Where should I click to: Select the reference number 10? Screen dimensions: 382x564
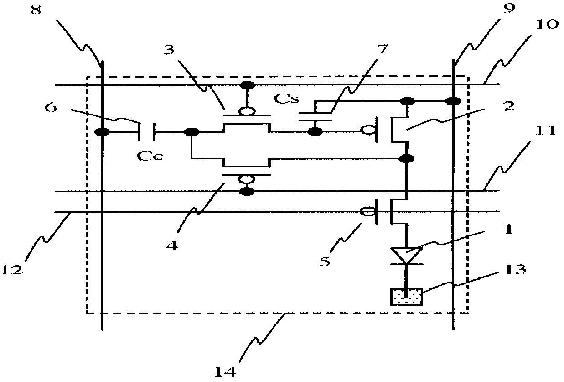point(546,24)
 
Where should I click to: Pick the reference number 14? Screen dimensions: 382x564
point(226,371)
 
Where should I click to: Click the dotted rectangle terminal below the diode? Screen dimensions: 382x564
point(405,297)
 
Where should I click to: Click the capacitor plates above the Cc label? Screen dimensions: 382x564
point(147,132)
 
